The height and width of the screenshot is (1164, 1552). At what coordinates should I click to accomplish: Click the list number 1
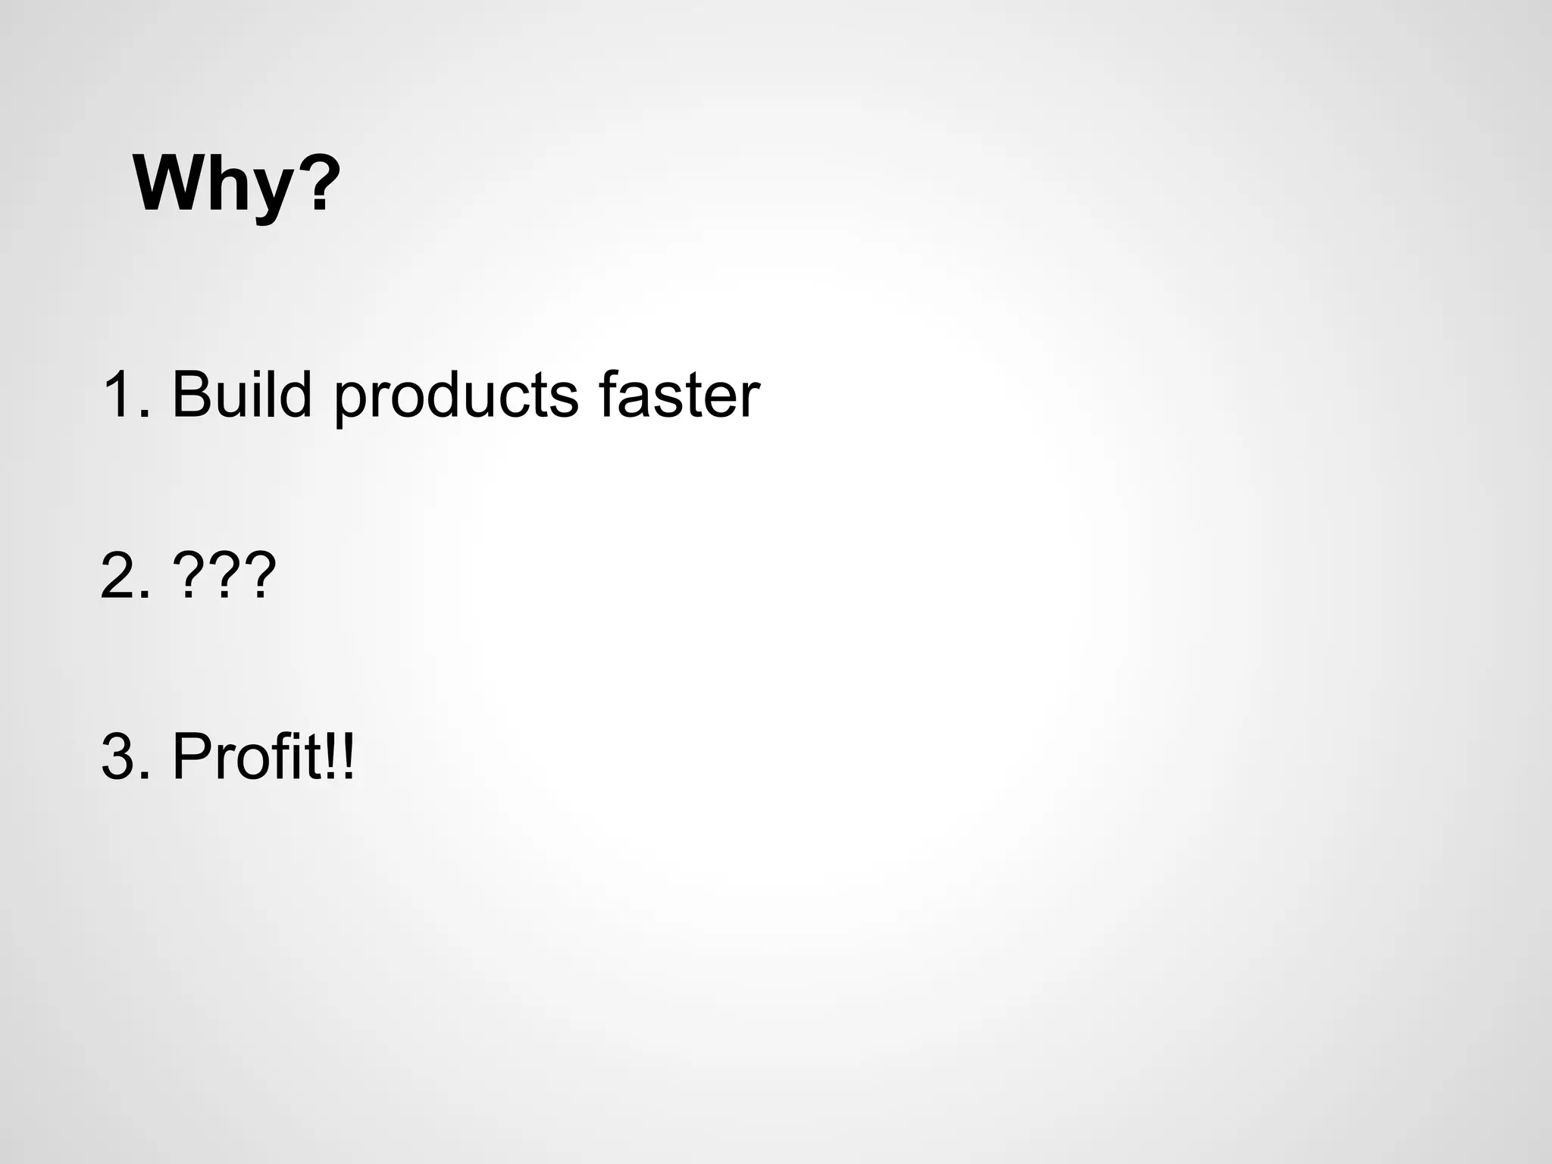(119, 395)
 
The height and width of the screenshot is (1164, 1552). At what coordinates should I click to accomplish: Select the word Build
(242, 395)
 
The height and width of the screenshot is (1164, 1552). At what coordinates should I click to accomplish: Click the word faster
(678, 395)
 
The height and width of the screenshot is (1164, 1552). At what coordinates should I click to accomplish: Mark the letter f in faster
(610, 393)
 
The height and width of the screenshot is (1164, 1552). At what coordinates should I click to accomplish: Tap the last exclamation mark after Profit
(348, 756)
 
